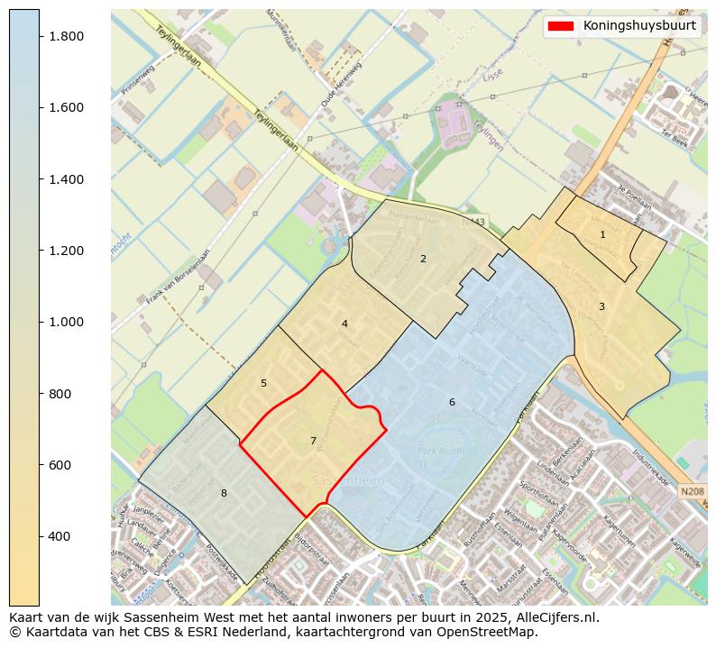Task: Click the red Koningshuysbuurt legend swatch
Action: pyautogui.click(x=560, y=25)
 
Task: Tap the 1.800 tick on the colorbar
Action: pyautogui.click(x=67, y=36)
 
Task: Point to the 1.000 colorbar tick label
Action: pyautogui.click(x=67, y=322)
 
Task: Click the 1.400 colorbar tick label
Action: pyautogui.click(x=67, y=179)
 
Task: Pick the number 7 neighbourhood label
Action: pyautogui.click(x=313, y=441)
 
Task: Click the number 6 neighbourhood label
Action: pyautogui.click(x=452, y=402)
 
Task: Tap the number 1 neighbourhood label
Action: pyautogui.click(x=602, y=234)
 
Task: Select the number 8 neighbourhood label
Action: pyautogui.click(x=224, y=493)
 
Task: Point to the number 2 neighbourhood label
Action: pyautogui.click(x=423, y=259)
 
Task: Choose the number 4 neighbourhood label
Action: pyautogui.click(x=344, y=324)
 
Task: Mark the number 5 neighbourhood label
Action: pyautogui.click(x=263, y=383)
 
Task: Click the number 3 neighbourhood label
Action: pyautogui.click(x=601, y=306)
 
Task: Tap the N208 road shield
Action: pyautogui.click(x=692, y=491)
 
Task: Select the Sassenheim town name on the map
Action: pyautogui.click(x=347, y=480)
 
